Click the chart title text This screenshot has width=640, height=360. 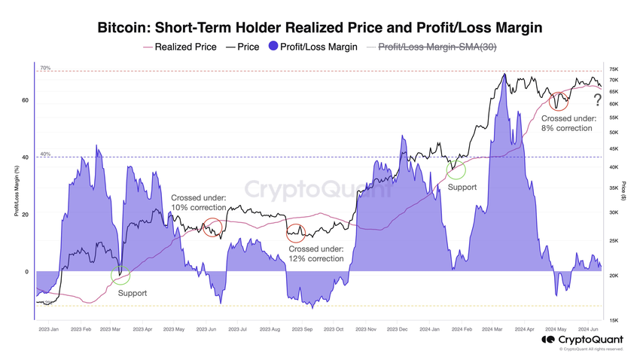(320, 28)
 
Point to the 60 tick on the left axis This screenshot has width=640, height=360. (26, 100)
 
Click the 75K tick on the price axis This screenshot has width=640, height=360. (614, 69)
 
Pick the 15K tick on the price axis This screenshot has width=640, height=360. (614, 320)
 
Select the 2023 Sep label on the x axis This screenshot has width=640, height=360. (302, 329)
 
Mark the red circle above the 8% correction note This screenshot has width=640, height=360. (559, 99)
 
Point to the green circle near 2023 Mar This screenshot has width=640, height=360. (120, 275)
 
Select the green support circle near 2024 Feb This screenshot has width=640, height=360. (456, 169)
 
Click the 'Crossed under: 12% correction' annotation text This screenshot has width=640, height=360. (316, 253)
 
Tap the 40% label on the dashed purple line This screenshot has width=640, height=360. (45, 154)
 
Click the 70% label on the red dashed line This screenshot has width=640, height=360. (45, 68)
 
